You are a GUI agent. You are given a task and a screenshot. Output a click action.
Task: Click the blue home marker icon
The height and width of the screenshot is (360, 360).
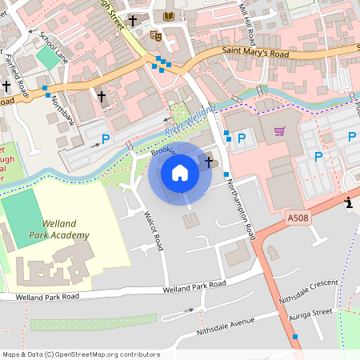point(180,173)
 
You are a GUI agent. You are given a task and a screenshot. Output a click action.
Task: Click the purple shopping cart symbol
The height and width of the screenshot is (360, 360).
point(280,131)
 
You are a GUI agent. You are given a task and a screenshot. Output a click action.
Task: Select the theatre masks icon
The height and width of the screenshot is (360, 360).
point(155,35)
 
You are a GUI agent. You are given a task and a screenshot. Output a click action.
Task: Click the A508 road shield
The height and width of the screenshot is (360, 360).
point(297,217)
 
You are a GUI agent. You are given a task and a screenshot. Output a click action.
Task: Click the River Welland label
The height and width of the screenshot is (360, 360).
point(191,119)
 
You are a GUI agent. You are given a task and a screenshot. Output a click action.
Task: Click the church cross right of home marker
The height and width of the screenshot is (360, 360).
point(210,162)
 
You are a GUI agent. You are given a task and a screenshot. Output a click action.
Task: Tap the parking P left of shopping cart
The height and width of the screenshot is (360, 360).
point(241,138)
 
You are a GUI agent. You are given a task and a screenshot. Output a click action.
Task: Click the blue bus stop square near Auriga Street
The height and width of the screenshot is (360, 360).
point(295,337)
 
